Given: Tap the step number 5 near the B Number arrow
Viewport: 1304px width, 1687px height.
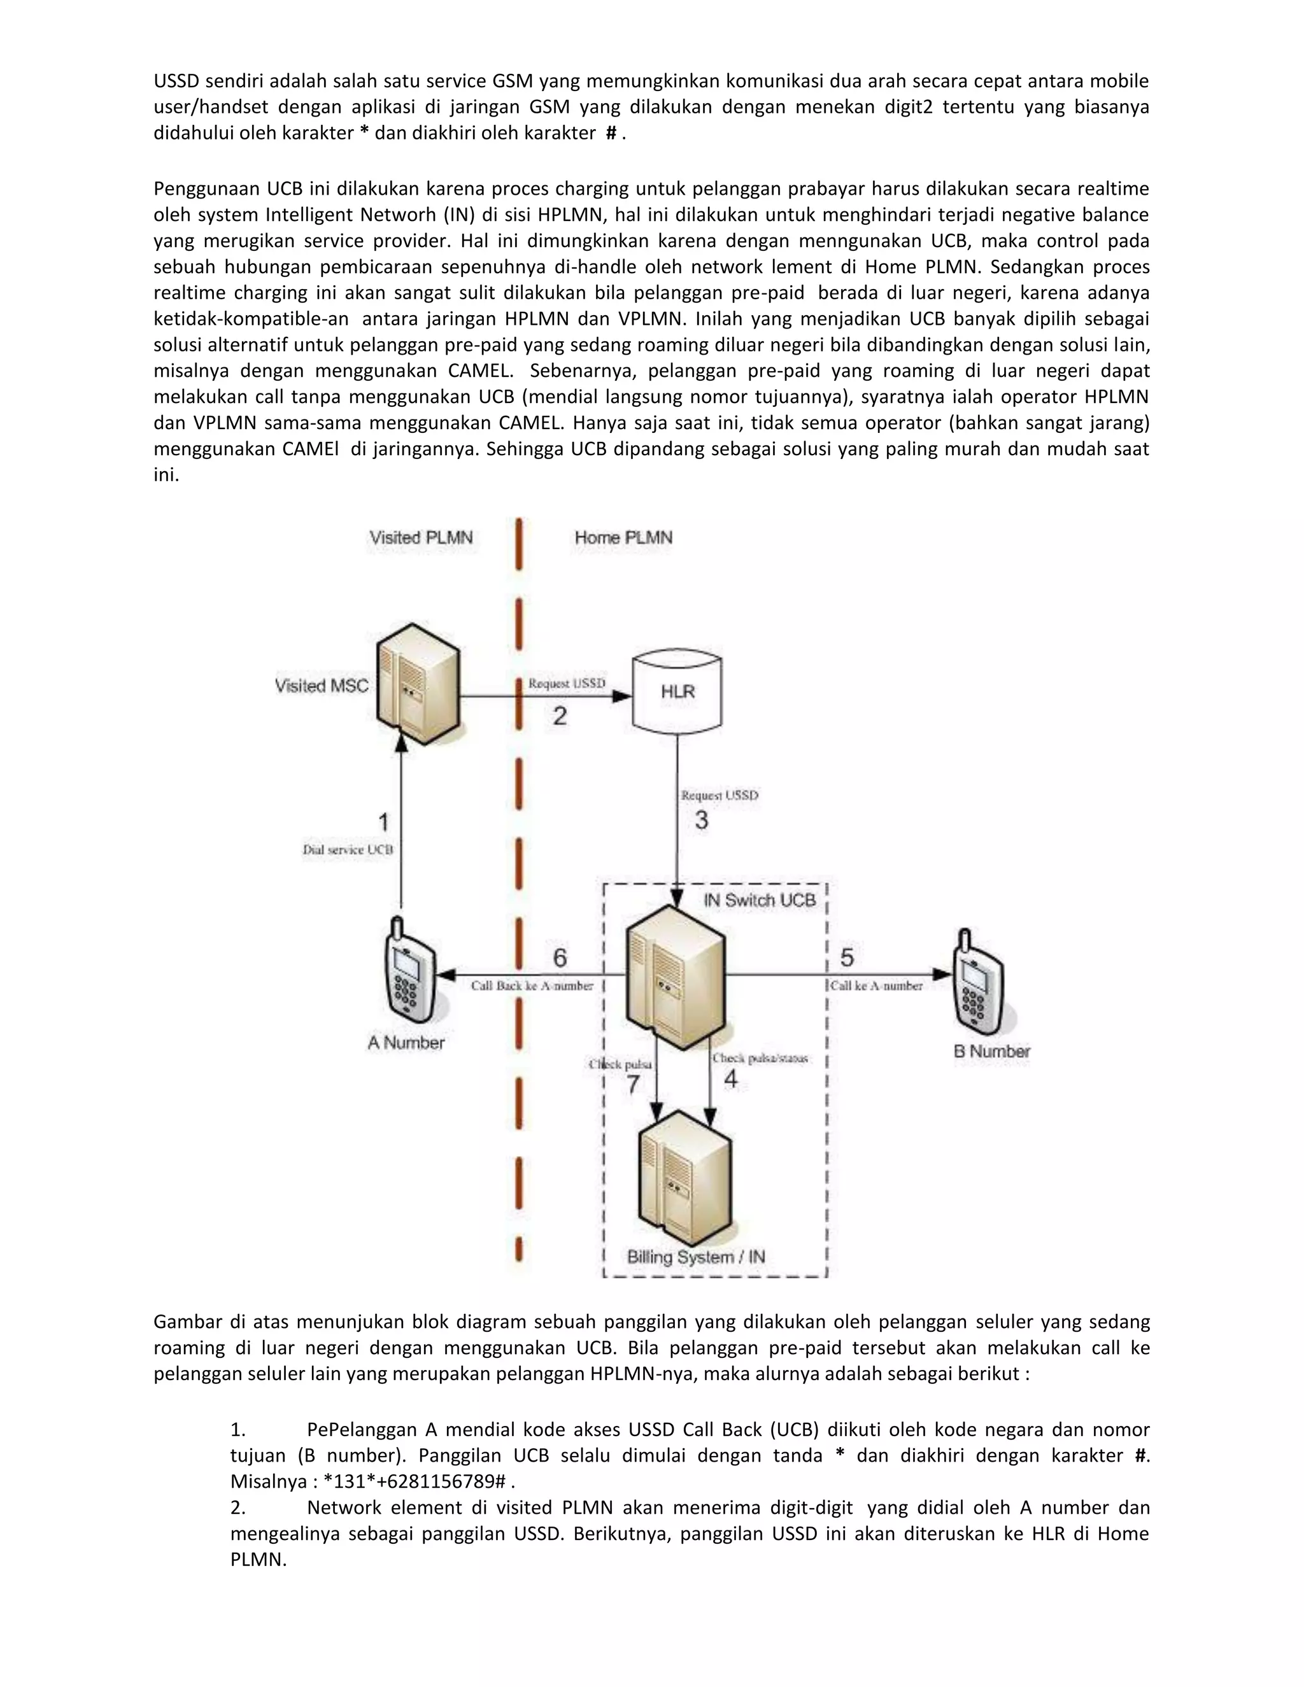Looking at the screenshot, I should (847, 958).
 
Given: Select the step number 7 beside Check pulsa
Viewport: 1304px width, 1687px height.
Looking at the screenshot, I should (634, 1085).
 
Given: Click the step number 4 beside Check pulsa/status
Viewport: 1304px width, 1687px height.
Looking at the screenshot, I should (731, 1078).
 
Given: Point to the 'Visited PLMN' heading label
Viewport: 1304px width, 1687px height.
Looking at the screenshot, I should (421, 538).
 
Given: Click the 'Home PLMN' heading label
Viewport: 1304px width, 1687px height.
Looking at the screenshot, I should (623, 538).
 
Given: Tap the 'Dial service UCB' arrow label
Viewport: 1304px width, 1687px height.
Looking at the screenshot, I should (348, 850).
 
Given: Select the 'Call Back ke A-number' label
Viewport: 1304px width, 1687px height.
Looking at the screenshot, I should (532, 985).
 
